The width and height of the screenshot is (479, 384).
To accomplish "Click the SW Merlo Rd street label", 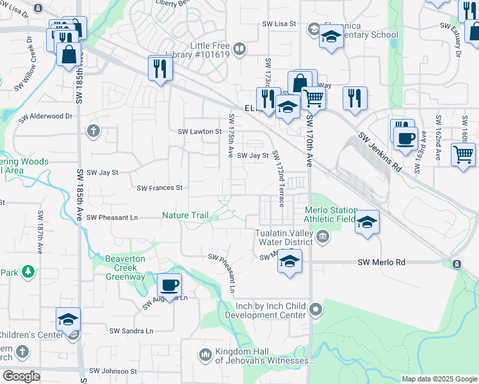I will click(x=382, y=262).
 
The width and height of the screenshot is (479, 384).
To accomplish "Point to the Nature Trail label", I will click(x=185, y=216).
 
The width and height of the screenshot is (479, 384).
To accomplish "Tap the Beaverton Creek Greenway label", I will click(x=119, y=267).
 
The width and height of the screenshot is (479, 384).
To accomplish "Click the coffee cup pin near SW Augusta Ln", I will click(x=169, y=285).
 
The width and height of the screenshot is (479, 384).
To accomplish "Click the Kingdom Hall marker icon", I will click(x=206, y=354).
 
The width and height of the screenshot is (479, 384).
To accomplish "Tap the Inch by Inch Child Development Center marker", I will click(x=315, y=310).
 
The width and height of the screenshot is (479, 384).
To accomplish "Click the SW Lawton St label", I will click(x=199, y=132).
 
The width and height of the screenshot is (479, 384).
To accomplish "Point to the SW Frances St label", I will click(x=160, y=188).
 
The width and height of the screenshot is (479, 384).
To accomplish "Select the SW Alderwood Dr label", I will click(x=52, y=116).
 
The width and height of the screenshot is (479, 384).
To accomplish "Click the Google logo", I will click(x=21, y=376).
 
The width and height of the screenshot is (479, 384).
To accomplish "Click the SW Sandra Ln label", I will click(x=131, y=331).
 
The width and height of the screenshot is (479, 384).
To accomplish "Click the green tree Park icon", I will click(x=28, y=272).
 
